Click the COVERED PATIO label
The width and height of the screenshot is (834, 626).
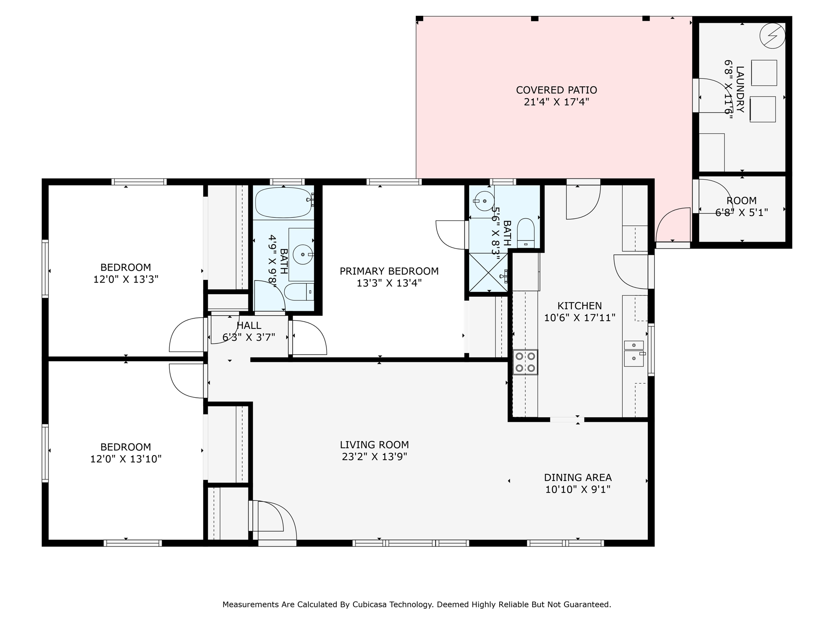pos(556,90)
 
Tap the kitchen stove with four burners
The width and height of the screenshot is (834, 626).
pos(525,362)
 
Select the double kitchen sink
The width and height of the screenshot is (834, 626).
pos(634,354)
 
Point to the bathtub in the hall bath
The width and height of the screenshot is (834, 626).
pos(284,203)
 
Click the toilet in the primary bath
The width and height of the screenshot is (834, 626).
pos(526,233)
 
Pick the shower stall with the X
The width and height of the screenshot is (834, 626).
pos(489,272)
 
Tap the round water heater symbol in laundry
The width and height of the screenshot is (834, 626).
pos(772,35)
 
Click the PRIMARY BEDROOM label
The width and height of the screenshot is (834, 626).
pos(389,271)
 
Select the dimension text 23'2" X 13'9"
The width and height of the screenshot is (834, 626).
pos(374,457)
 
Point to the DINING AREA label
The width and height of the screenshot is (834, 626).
pos(578,477)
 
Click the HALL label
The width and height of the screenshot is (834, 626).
pos(249,326)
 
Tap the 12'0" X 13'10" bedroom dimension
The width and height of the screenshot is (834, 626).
pos(126,459)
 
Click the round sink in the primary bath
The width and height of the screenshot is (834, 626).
pos(484,201)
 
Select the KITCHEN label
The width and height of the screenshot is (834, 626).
pos(579,306)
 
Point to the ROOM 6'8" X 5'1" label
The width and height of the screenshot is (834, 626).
pos(742,207)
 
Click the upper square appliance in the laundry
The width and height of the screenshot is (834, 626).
pos(764,73)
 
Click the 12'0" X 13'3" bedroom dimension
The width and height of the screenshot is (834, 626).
pos(126,280)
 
